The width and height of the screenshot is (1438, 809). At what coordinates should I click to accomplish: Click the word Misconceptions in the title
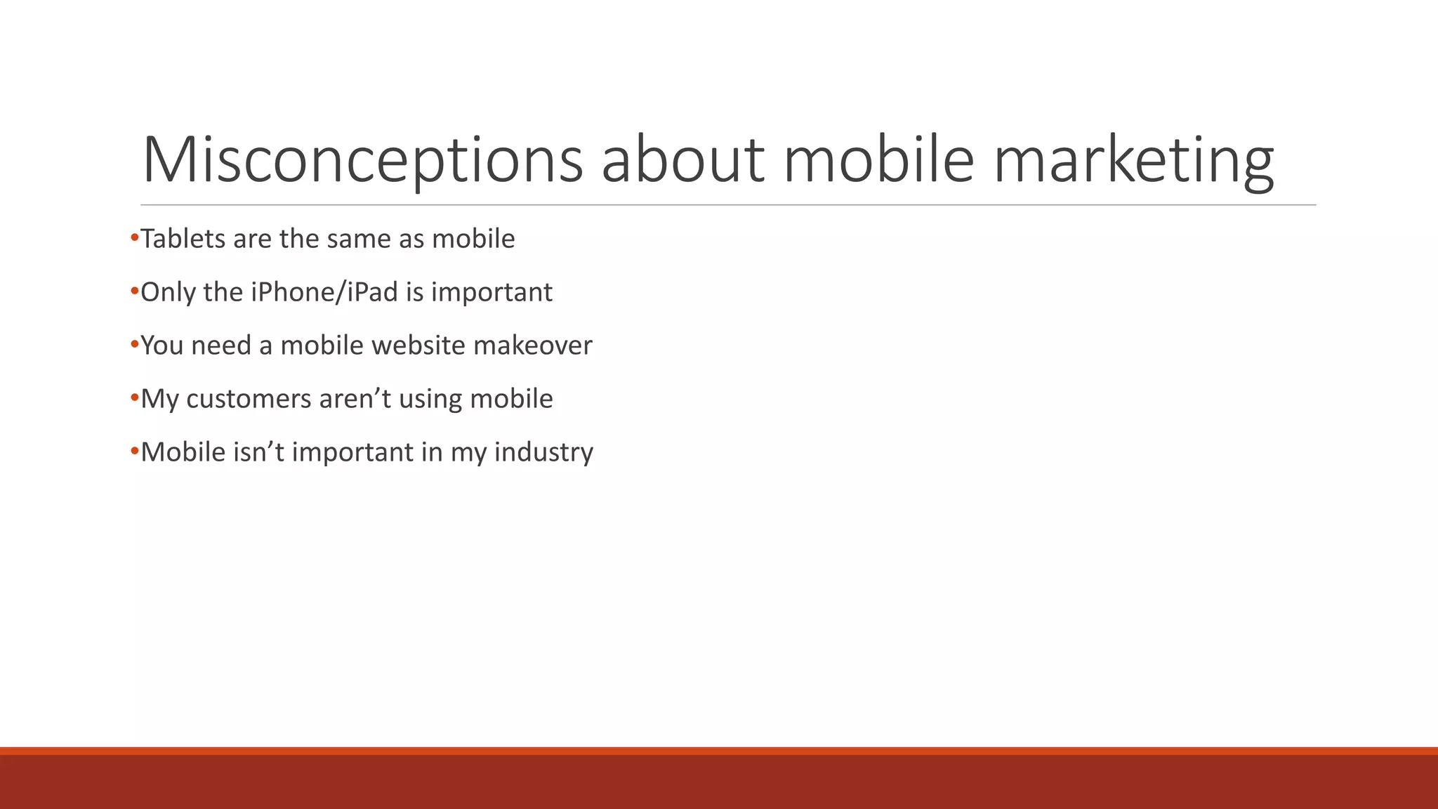pos(362,160)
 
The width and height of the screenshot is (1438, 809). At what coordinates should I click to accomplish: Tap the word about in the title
pos(682,160)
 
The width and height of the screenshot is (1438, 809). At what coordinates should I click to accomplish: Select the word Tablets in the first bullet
pos(183,239)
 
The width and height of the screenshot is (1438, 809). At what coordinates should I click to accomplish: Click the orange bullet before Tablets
pos(135,238)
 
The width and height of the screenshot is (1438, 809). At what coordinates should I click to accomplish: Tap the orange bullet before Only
pos(135,291)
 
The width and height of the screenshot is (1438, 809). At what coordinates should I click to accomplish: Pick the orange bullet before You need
pos(135,345)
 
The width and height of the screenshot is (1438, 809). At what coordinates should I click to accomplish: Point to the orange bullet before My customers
pos(135,398)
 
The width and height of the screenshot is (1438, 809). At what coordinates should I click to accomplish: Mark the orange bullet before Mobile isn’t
pos(135,452)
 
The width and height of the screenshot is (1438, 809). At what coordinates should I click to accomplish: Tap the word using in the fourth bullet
pos(430,399)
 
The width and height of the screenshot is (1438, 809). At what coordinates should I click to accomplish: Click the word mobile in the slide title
pos(878,160)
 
